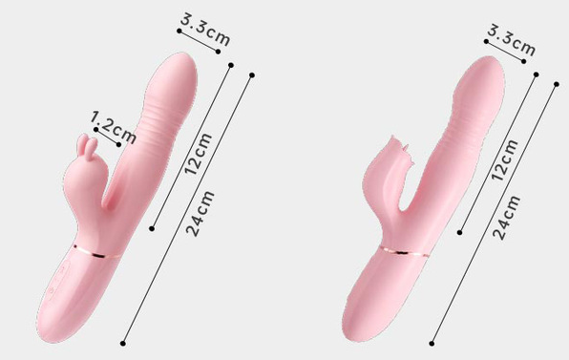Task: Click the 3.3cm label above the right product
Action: (512, 41)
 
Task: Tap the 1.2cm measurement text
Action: (114, 127)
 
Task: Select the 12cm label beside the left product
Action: (198, 154)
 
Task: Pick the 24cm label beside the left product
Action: (200, 214)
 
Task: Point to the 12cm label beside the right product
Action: (504, 159)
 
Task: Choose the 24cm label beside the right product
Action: (507, 218)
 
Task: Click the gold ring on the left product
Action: (96, 252)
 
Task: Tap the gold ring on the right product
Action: (404, 251)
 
